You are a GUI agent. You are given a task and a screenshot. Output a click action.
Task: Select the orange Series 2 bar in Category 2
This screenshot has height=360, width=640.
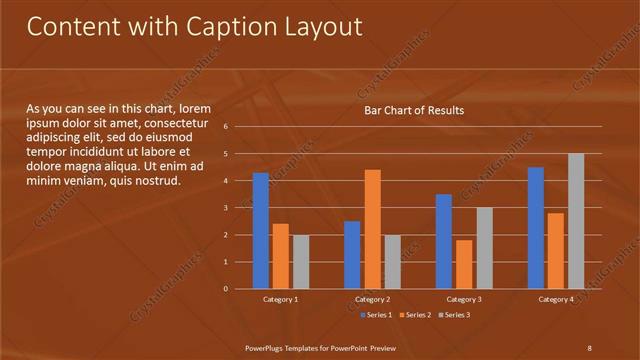(372, 229)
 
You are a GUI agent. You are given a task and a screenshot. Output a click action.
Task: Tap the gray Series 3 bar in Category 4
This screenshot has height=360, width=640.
(576, 221)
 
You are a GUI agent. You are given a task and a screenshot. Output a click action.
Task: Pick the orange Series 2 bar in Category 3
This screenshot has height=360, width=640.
(464, 264)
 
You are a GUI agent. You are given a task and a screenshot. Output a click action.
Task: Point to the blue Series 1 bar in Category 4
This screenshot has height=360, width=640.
(536, 228)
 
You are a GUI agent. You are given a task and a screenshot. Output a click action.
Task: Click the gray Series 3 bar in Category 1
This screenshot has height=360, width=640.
(301, 262)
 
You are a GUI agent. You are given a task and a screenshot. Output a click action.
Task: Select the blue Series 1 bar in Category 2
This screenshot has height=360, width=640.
(352, 255)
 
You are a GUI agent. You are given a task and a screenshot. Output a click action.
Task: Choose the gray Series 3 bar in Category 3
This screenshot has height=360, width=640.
(484, 248)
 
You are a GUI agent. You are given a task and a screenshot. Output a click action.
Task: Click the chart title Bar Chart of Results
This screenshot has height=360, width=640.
(413, 110)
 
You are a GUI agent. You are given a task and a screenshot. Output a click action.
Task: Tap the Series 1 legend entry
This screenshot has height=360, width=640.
(375, 315)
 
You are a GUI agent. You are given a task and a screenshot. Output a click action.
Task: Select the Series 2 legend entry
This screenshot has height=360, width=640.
(412, 315)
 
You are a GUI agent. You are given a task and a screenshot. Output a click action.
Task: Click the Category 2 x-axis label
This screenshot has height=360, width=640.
(372, 299)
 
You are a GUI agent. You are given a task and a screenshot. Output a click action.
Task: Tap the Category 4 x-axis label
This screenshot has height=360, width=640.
(556, 299)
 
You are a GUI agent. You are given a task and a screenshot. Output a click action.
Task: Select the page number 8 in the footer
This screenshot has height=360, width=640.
(589, 347)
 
